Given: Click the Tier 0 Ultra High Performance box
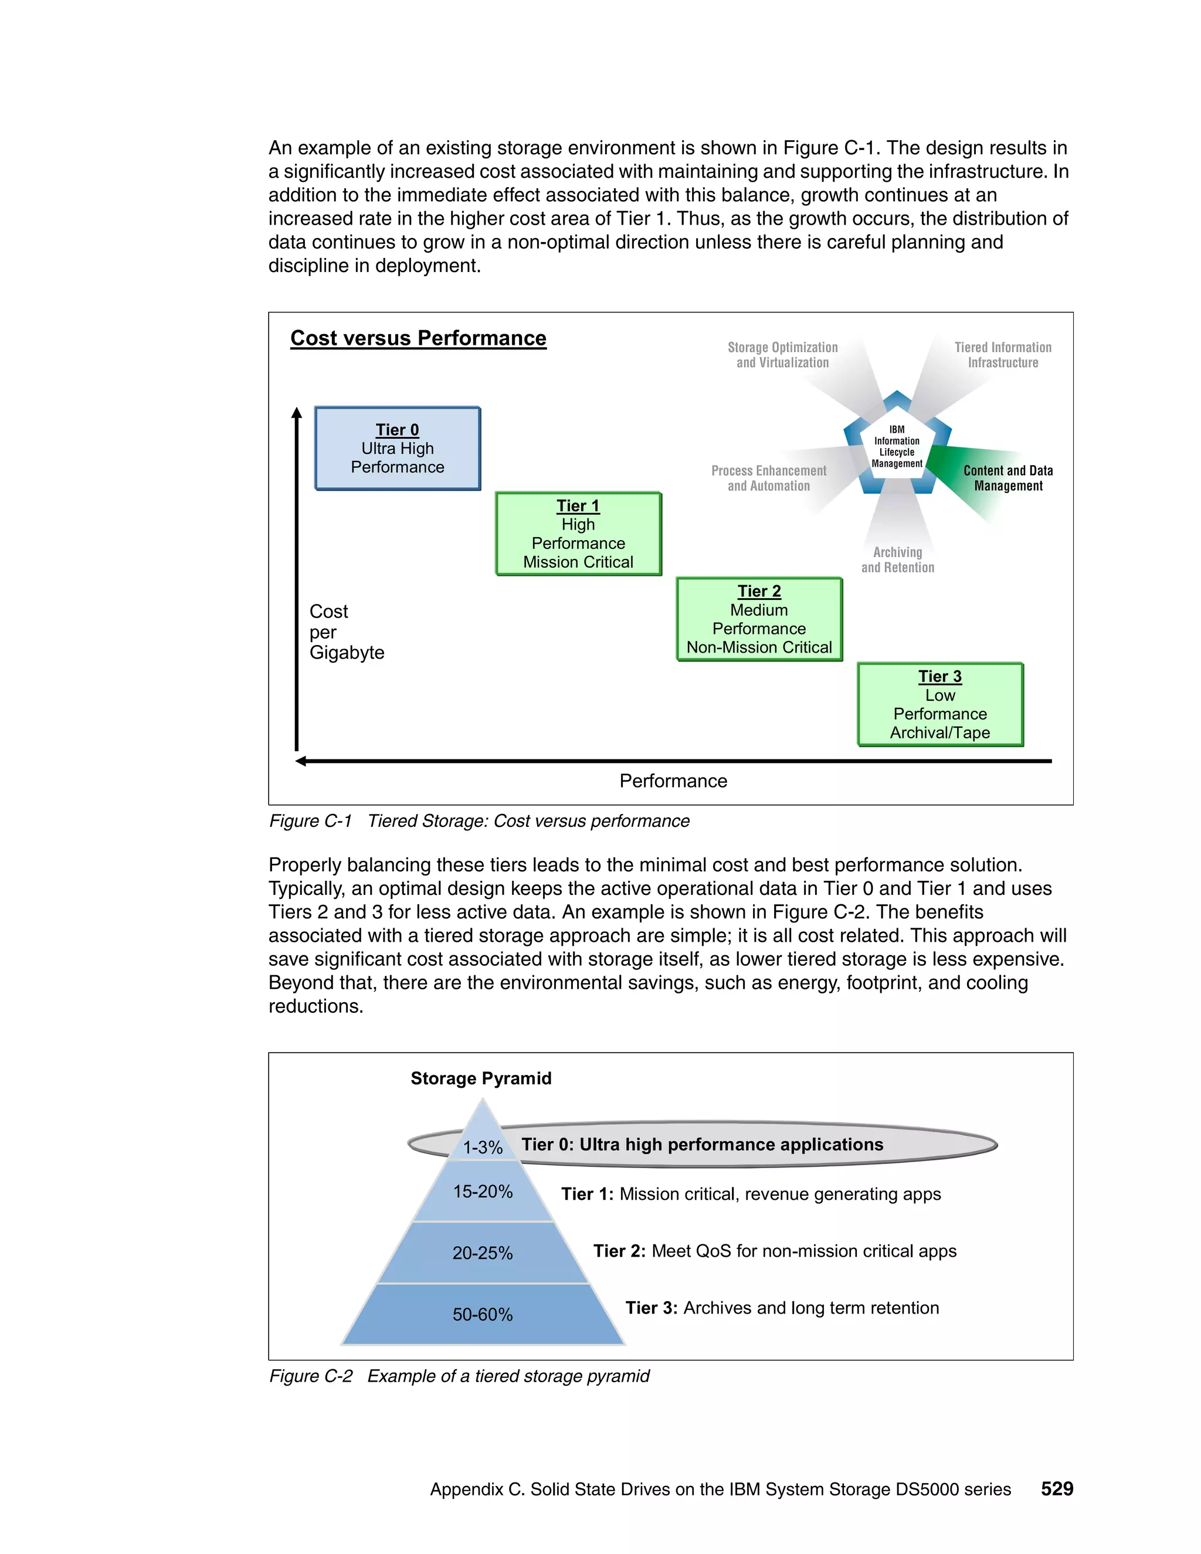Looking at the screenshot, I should pos(397,448).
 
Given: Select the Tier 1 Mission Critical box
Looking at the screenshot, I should pos(578,534).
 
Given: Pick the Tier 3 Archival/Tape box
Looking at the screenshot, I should pos(939,704).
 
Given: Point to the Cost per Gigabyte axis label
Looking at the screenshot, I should pos(346,632).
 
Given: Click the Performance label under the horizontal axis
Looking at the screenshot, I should pos(673,781).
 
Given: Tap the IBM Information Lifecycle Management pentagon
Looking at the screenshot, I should pos(897,446).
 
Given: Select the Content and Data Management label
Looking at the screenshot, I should pos(1007,478).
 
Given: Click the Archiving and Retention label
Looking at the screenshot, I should pos(897,560).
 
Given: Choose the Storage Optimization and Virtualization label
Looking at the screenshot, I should pos(783,355).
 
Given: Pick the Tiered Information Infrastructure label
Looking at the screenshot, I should pos(1002,355).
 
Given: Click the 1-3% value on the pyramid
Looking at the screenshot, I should pos(483,1147).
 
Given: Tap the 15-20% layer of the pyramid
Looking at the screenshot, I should pos(483,1191).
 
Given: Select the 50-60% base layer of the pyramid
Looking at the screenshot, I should pos(483,1314).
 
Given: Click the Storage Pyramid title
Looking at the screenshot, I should pos(481,1078).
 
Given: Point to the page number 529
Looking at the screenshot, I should pos(1057,1488).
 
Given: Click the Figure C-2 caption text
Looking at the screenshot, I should pos(459,1376).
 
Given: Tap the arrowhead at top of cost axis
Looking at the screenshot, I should pos(297,413).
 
